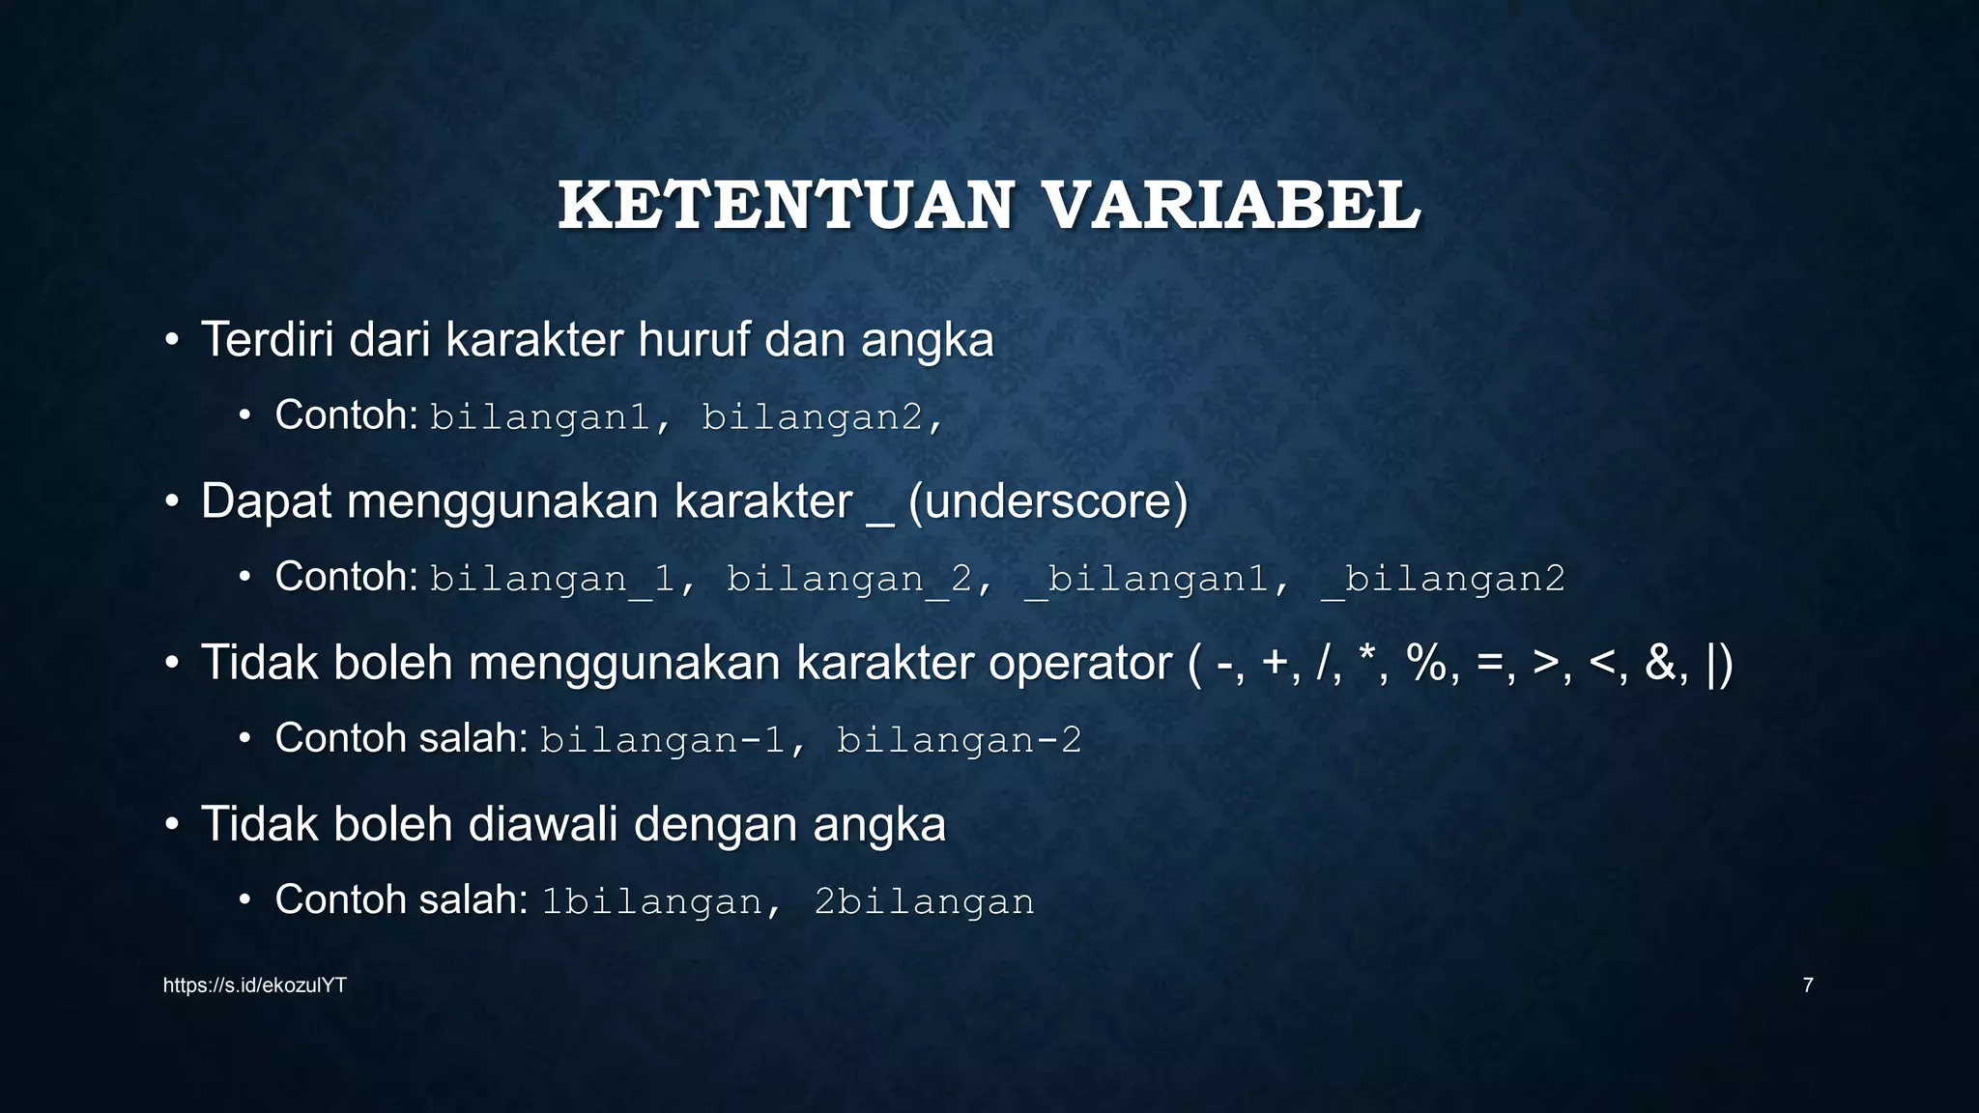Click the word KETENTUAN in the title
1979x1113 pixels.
tap(786, 206)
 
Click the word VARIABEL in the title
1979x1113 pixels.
tap(1232, 206)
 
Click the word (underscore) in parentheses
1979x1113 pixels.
tap(1047, 502)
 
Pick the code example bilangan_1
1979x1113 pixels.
tap(552, 579)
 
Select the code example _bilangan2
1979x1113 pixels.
tap(1443, 579)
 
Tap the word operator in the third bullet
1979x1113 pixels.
tap(1079, 664)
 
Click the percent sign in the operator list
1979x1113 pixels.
tap(1426, 664)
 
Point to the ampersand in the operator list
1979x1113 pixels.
tap(1660, 664)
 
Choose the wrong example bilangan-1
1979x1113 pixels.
tap(662, 740)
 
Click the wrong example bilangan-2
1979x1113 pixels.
tap(959, 740)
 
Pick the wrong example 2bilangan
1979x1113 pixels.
tap(924, 901)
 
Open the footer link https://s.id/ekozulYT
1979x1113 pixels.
tap(254, 985)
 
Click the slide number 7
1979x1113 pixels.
tap(1807, 985)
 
